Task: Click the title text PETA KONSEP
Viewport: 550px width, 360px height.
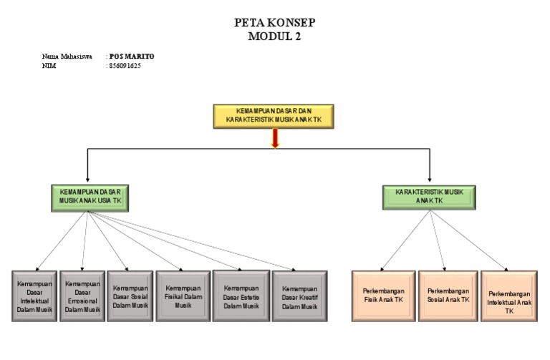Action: (274, 23)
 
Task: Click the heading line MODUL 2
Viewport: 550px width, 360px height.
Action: (274, 37)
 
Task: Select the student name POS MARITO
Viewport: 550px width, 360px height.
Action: (132, 56)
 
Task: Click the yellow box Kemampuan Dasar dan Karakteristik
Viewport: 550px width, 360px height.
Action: (274, 116)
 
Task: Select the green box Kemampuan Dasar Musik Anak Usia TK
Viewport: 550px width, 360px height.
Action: (91, 197)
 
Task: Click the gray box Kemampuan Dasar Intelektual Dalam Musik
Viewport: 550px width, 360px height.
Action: (34, 296)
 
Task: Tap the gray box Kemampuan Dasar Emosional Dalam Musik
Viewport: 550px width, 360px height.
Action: (82, 296)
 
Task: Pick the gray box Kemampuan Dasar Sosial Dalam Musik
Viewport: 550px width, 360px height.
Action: (130, 296)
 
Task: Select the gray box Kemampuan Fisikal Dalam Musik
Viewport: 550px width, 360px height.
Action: (183, 296)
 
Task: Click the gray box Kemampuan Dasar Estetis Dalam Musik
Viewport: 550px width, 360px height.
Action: (241, 296)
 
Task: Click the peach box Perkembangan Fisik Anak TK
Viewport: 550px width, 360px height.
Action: (383, 296)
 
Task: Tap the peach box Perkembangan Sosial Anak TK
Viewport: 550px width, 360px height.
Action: (448, 296)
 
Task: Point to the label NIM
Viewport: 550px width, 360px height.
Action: (49, 65)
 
